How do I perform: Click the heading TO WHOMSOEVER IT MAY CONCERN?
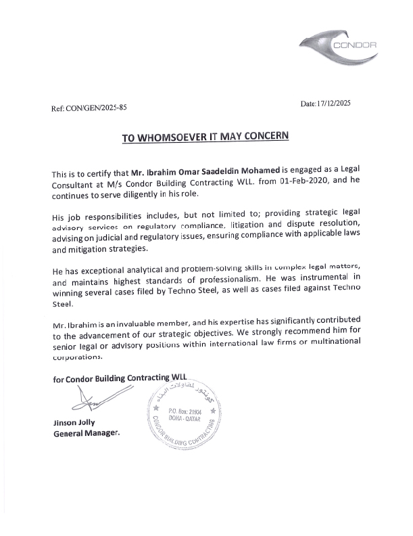click(205, 137)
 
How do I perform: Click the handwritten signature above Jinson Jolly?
click(84, 405)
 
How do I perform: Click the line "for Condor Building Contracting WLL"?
click(119, 379)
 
